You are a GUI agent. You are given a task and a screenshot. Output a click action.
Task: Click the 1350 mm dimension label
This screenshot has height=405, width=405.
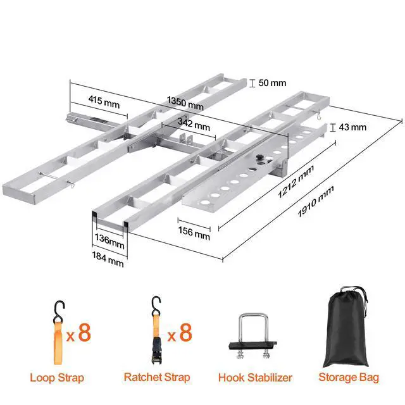[x=185, y=103]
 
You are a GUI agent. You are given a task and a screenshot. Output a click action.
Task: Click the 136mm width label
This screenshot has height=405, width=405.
[x=108, y=242]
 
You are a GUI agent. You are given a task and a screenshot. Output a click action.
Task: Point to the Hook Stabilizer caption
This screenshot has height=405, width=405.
[x=255, y=378]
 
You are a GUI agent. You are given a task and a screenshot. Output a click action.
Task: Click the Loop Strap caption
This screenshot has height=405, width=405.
[x=57, y=378]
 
